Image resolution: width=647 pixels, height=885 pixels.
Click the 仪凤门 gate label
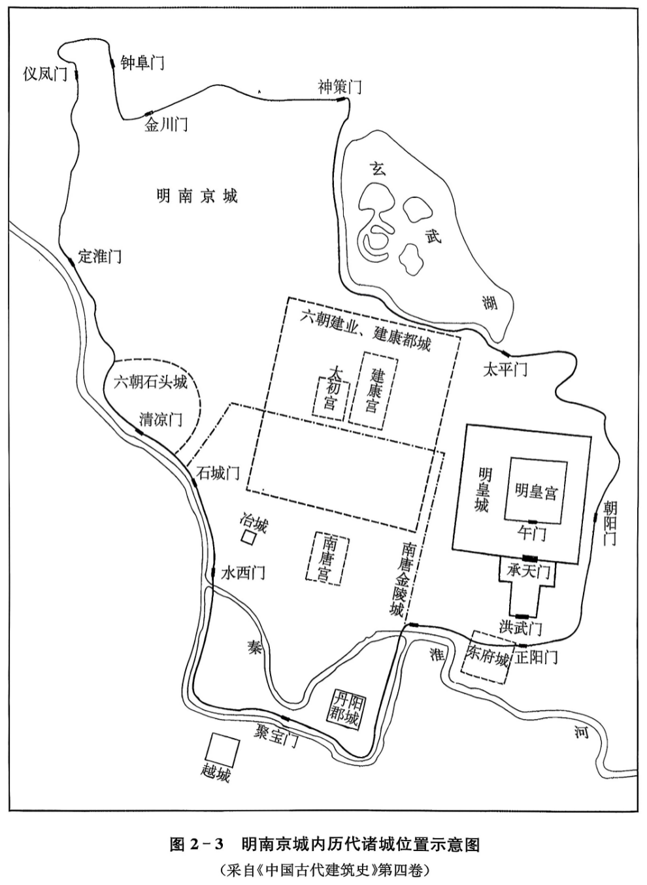[x=45, y=74]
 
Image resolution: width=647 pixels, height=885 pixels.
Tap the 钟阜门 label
[x=142, y=63]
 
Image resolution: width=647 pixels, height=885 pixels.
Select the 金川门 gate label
[x=166, y=124]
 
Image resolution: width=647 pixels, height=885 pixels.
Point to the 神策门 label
[x=340, y=86]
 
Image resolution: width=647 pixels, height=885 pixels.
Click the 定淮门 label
[x=100, y=256]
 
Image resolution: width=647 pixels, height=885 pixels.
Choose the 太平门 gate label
[x=505, y=370]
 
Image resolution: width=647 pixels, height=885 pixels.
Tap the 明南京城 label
[x=197, y=195]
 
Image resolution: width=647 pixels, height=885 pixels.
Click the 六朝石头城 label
[x=150, y=382]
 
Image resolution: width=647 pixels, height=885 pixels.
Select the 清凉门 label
[x=161, y=419]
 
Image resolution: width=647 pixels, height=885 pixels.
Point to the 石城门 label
[x=219, y=473]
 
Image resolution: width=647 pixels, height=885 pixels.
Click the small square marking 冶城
[x=248, y=537]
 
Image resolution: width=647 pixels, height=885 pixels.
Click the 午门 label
[x=531, y=533]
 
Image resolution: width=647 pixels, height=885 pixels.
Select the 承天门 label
[x=529, y=570]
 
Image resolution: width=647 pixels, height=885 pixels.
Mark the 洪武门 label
[x=521, y=627]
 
